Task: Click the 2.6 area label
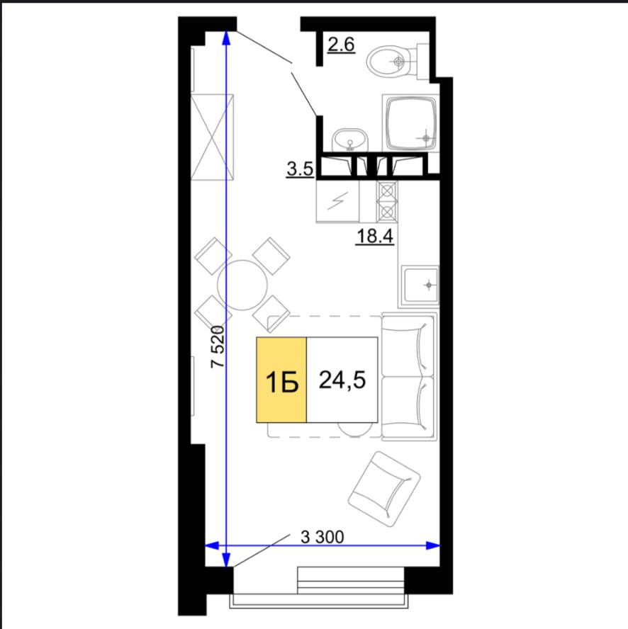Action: pyautogui.click(x=341, y=45)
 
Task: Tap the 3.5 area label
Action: pyautogui.click(x=300, y=169)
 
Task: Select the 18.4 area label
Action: pyautogui.click(x=375, y=237)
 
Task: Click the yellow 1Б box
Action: pyautogui.click(x=281, y=380)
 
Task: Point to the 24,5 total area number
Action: pyautogui.click(x=342, y=380)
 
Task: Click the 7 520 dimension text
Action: pyautogui.click(x=218, y=346)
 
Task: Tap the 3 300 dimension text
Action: pyautogui.click(x=323, y=537)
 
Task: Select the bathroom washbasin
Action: pyautogui.click(x=350, y=140)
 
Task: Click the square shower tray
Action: pyautogui.click(x=411, y=123)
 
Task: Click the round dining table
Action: pyautogui.click(x=242, y=285)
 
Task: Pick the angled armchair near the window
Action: pyautogui.click(x=384, y=489)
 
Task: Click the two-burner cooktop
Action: pyautogui.click(x=387, y=201)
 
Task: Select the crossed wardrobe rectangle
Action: pyautogui.click(x=212, y=137)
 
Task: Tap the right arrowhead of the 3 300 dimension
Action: pyautogui.click(x=433, y=545)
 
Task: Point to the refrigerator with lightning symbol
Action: pyautogui.click(x=337, y=200)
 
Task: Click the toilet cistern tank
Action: pyautogui.click(x=423, y=61)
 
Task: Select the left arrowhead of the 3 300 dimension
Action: pyautogui.click(x=212, y=545)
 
